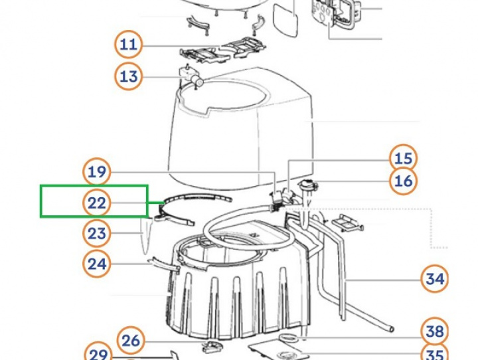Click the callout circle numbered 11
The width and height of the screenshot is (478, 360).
tap(128, 45)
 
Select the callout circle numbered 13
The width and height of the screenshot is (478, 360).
tap(128, 76)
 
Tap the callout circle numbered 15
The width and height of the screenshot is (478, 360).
tap(404, 158)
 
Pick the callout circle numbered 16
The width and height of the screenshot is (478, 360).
tap(404, 181)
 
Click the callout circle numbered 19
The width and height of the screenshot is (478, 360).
tap(97, 172)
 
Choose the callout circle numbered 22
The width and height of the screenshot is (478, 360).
tap(97, 203)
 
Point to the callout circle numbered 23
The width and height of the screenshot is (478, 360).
tap(97, 233)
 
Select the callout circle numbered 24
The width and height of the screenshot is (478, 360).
tap(97, 264)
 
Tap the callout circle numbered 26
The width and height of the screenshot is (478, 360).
tap(131, 341)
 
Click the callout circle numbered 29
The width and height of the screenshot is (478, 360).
tap(98, 354)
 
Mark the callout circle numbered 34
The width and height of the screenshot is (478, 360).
tap(434, 279)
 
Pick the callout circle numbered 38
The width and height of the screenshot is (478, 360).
tap(434, 331)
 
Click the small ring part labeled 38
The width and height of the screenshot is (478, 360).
tap(289, 337)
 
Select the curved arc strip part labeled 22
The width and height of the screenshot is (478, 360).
tap(198, 197)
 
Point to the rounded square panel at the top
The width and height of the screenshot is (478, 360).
tap(285, 21)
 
